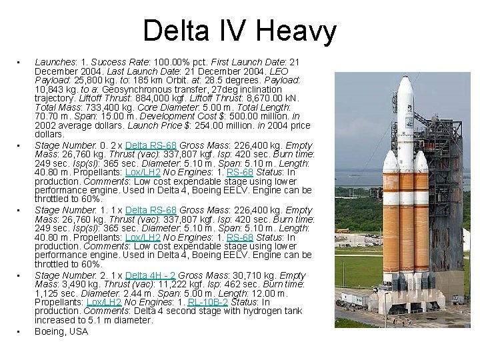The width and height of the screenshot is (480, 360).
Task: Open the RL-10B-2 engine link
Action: (209, 302)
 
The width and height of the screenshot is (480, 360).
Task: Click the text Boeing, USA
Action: (61, 331)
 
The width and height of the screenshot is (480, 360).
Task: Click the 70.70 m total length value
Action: (48, 115)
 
